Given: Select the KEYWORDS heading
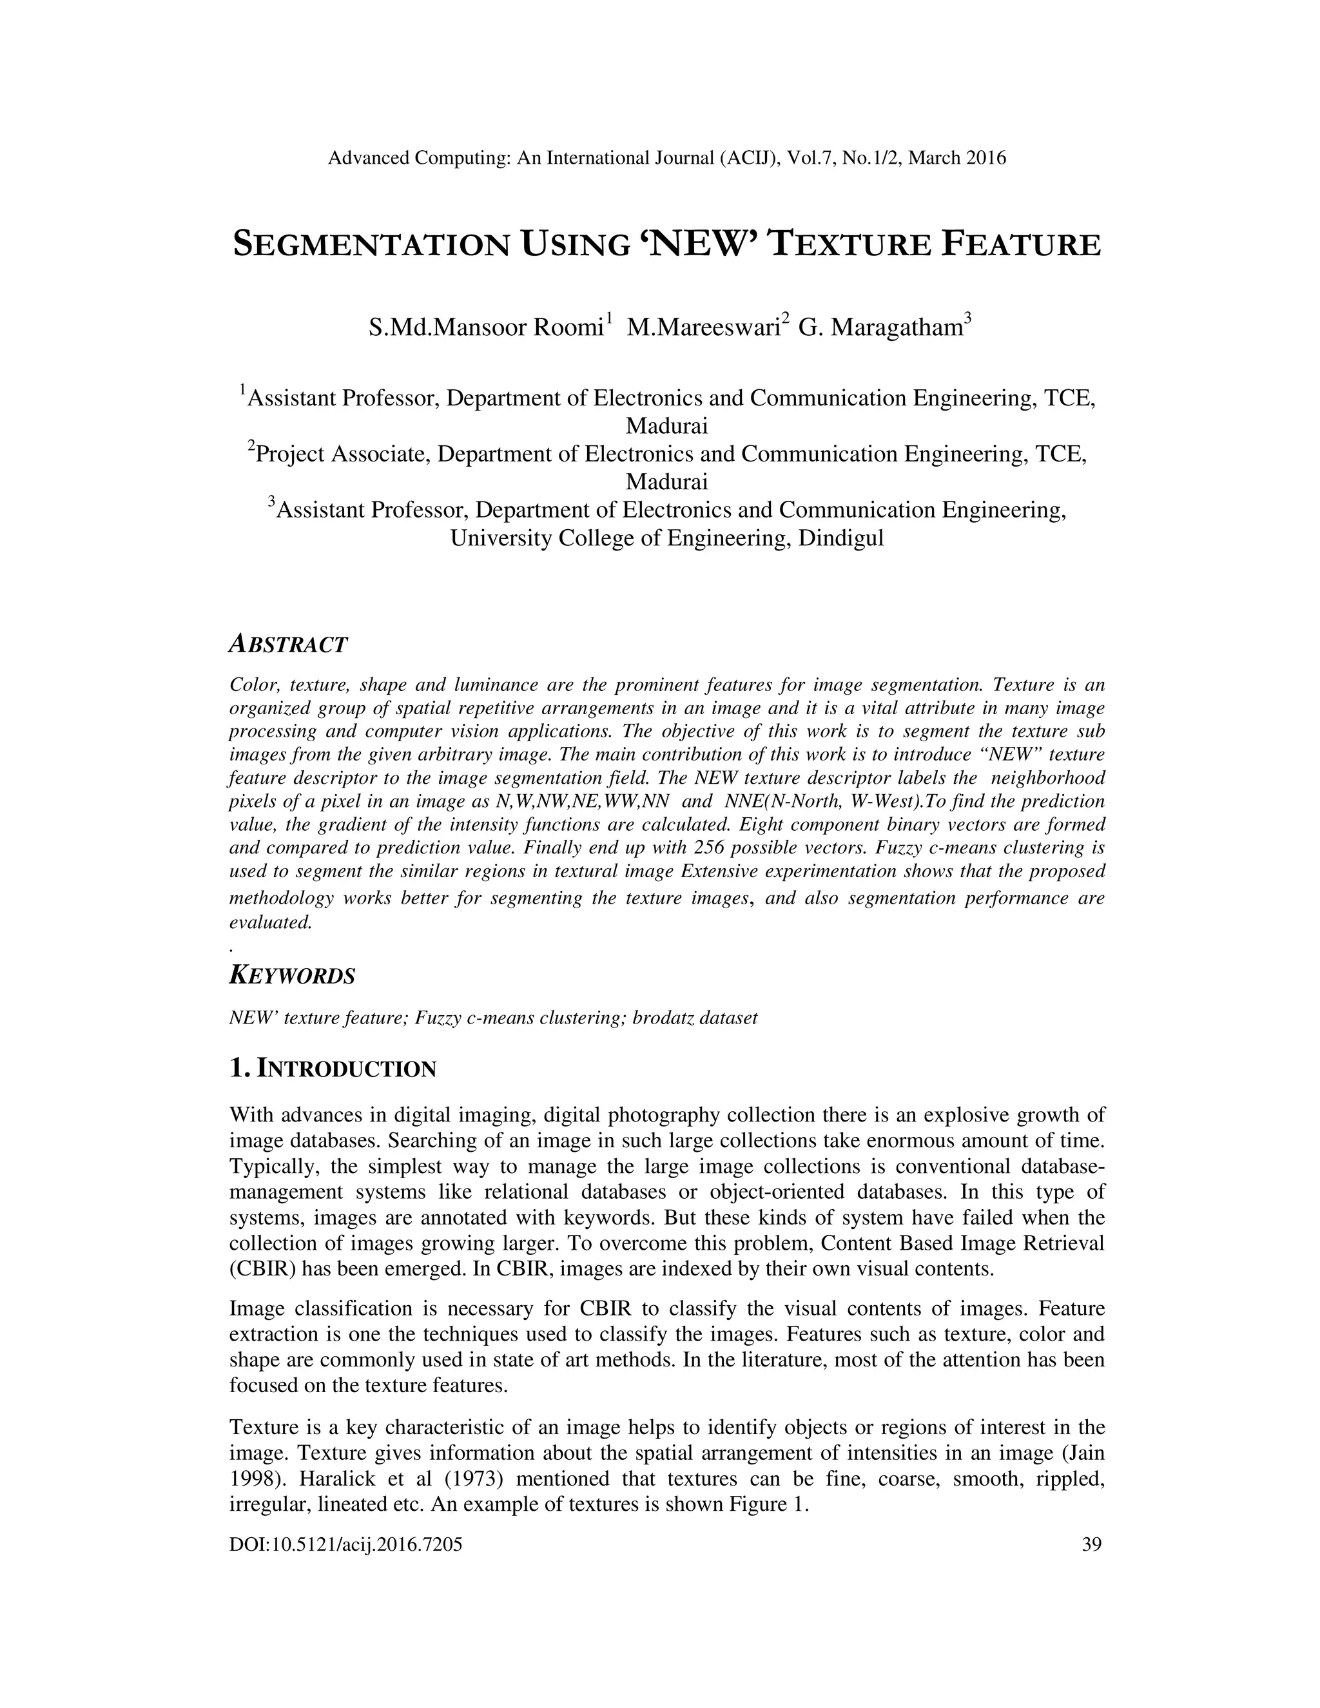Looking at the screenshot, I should (x=292, y=976).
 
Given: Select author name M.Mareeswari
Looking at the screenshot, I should (x=704, y=327).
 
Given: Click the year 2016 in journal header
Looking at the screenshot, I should (x=985, y=158).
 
